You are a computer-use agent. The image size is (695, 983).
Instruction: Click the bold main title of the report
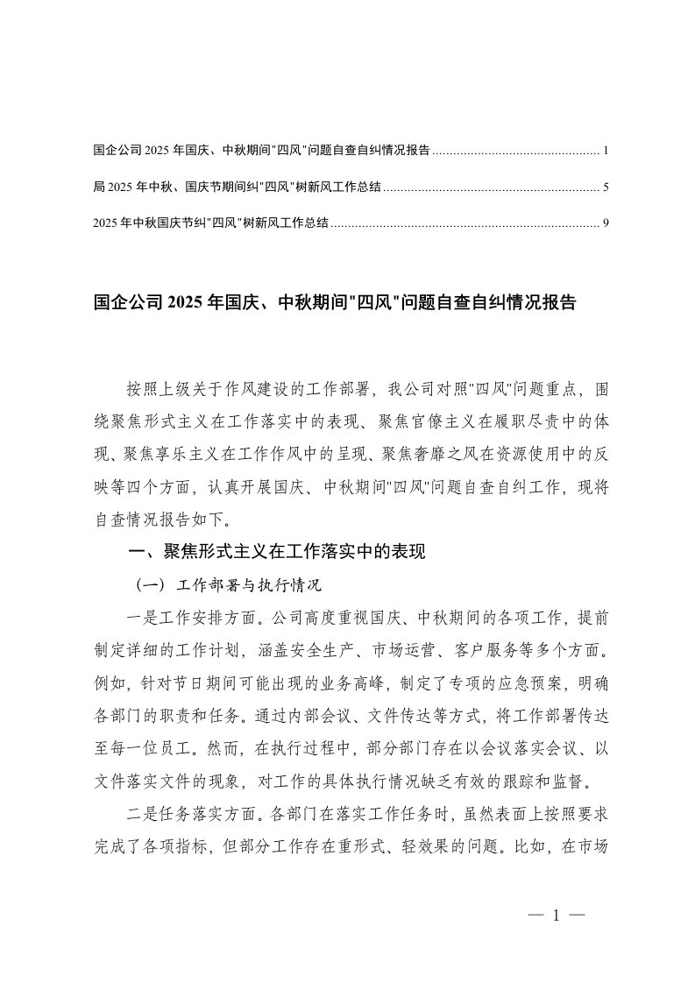coord(334,303)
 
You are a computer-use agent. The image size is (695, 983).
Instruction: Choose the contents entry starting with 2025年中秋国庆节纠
coord(210,223)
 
